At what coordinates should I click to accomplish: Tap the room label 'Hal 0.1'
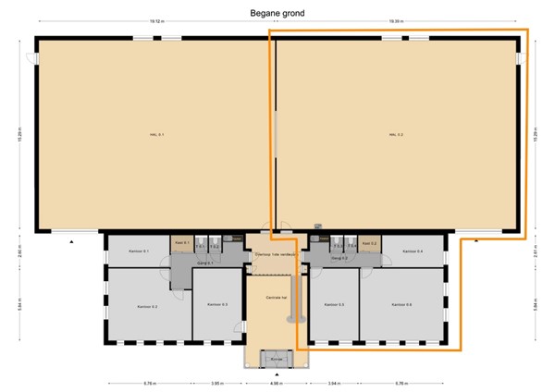pos(156,135)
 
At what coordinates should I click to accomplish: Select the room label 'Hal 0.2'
pos(396,135)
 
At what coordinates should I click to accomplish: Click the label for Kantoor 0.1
pos(140,251)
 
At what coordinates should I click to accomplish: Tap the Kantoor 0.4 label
pos(413,251)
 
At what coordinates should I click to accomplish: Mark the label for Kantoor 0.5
pos(334,304)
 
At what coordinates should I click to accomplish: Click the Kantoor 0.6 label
pos(402,304)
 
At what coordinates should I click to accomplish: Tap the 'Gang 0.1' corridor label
pos(205,263)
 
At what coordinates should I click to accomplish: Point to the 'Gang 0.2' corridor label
pos(339,259)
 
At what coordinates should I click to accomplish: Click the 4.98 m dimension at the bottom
pos(275,383)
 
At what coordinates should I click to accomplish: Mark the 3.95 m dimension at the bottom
pos(216,383)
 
